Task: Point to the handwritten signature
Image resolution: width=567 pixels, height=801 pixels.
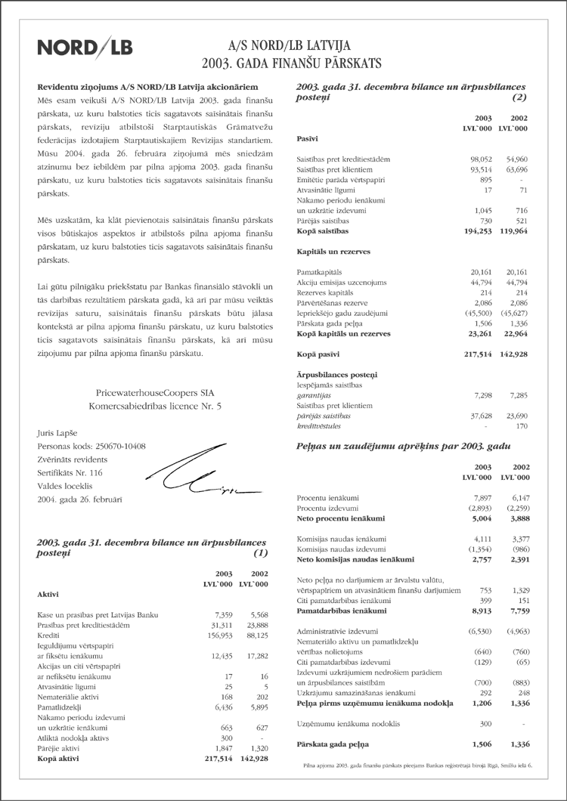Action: coord(193,475)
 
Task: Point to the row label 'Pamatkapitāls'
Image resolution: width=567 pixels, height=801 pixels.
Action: coord(320,271)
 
